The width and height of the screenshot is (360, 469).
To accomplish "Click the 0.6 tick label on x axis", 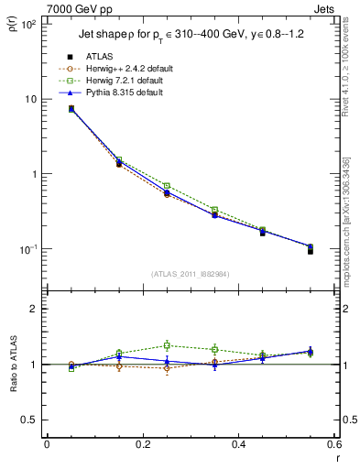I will (x=333, y=445).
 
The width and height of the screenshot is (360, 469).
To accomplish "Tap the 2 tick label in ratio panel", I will (x=34, y=309).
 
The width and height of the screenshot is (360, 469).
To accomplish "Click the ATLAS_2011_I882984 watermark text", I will (x=191, y=274).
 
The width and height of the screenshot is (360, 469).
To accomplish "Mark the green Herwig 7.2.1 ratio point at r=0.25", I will (x=167, y=345).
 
